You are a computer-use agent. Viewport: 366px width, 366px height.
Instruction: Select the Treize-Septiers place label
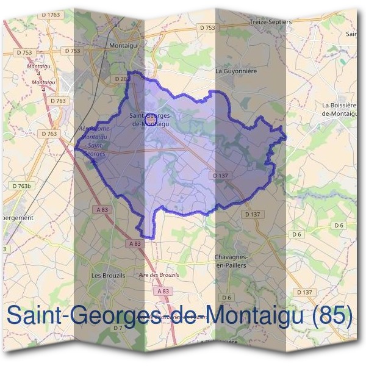[271, 21]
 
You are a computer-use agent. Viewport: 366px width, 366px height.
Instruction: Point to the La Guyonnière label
[237, 71]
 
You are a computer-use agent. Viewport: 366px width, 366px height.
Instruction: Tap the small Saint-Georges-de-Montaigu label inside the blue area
[151, 120]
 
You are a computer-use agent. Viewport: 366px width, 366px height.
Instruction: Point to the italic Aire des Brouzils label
[159, 275]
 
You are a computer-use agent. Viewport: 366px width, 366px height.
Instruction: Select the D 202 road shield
[122, 79]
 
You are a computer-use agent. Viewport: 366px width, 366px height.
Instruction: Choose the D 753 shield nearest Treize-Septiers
[207, 27]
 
